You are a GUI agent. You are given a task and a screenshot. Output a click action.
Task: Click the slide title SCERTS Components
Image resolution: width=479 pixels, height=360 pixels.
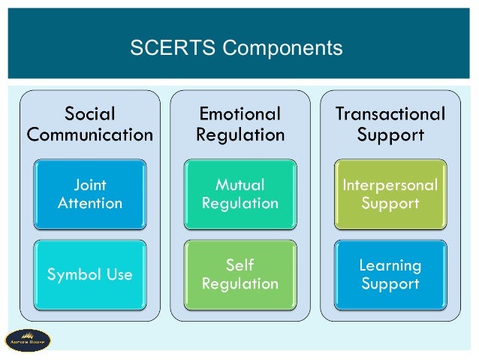pos(236,48)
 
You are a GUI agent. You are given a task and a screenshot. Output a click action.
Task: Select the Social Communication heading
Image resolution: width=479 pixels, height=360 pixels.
pos(90,124)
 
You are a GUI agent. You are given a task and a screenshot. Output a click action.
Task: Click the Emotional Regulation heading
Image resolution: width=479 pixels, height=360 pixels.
pos(239,124)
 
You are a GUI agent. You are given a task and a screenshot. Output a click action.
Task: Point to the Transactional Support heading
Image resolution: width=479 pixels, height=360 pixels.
pos(390,124)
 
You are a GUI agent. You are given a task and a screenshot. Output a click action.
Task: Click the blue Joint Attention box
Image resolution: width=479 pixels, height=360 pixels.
pos(90,193)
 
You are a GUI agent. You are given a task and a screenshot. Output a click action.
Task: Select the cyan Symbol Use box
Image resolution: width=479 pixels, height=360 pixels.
pos(90,274)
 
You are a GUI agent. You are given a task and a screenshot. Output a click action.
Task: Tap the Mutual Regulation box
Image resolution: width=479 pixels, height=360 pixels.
pos(239,193)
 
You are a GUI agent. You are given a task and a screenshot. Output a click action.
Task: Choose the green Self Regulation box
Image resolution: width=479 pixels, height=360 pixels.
pos(239,274)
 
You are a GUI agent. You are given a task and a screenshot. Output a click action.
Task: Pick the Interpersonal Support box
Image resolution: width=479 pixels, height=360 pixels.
pos(390,193)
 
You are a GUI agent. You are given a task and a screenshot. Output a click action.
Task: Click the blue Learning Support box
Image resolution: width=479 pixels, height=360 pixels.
pos(390,274)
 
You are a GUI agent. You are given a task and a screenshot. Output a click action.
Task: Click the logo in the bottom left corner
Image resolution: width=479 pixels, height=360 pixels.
pos(28,340)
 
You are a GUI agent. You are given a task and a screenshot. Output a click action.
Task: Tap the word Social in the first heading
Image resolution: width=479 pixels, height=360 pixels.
pos(90,114)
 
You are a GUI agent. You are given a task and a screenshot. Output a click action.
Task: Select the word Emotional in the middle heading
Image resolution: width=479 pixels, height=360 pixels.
pos(239,114)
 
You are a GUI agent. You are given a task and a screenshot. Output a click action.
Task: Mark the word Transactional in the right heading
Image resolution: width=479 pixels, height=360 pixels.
pos(390,114)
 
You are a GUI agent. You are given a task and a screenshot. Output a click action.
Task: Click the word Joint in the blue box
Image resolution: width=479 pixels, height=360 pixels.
pos(90,184)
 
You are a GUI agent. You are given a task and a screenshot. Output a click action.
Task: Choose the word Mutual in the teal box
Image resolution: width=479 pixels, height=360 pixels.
pos(239,184)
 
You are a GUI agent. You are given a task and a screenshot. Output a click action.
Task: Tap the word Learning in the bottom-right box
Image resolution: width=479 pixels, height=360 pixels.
pos(390,265)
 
